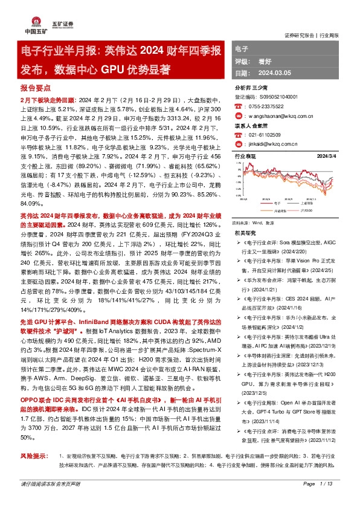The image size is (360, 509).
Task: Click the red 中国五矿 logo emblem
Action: [32, 22]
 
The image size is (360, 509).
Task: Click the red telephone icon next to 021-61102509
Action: [237, 136]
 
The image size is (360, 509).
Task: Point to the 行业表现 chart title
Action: [245, 156]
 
